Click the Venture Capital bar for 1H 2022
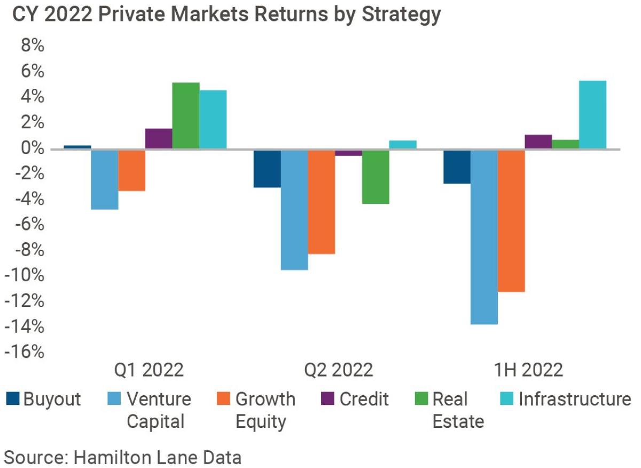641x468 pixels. (x=484, y=237)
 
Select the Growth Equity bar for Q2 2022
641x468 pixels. (x=322, y=202)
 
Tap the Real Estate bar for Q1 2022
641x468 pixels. (x=185, y=116)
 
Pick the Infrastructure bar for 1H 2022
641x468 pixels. (x=592, y=114)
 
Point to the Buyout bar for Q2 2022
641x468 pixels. (x=267, y=168)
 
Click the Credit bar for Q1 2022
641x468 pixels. (x=159, y=139)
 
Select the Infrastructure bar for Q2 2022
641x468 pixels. (x=403, y=144)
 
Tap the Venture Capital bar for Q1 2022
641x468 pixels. (x=105, y=179)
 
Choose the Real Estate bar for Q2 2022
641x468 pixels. (x=376, y=177)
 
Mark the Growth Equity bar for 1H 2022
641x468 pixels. (x=511, y=221)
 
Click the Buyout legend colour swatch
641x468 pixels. (x=13, y=398)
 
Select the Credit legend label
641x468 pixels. (x=364, y=399)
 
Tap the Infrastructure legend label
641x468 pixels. (x=574, y=399)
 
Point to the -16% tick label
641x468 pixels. (x=24, y=352)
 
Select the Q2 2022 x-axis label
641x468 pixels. (x=339, y=370)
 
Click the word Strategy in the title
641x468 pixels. (x=401, y=14)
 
